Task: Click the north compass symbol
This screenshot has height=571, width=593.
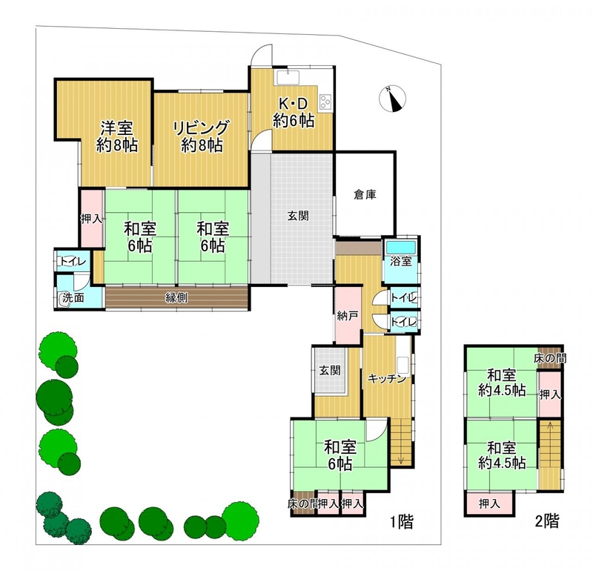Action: [x=392, y=99]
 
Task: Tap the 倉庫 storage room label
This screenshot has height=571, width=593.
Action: [x=365, y=195]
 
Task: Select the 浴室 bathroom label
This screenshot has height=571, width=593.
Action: [x=400, y=261]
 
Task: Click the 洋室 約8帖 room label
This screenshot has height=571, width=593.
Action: [x=116, y=136]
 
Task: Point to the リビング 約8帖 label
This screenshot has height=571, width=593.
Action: [x=201, y=136]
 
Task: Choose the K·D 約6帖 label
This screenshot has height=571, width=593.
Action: [x=294, y=112]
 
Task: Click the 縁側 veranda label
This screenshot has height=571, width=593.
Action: [x=176, y=298]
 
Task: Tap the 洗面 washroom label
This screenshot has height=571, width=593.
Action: [x=73, y=298]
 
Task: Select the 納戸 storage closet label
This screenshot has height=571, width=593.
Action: [x=347, y=316]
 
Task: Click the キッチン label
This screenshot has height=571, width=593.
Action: [x=386, y=378]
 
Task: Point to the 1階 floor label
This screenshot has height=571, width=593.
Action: [x=402, y=522]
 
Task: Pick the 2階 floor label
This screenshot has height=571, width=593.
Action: [x=547, y=521]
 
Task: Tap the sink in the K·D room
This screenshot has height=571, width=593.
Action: [x=288, y=77]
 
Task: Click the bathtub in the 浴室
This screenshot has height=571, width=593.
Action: [x=400, y=248]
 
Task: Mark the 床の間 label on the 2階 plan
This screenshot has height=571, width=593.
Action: [x=550, y=358]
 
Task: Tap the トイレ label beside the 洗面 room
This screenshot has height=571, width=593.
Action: [x=73, y=262]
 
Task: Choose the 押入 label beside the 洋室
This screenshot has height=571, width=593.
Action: [x=91, y=219]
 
